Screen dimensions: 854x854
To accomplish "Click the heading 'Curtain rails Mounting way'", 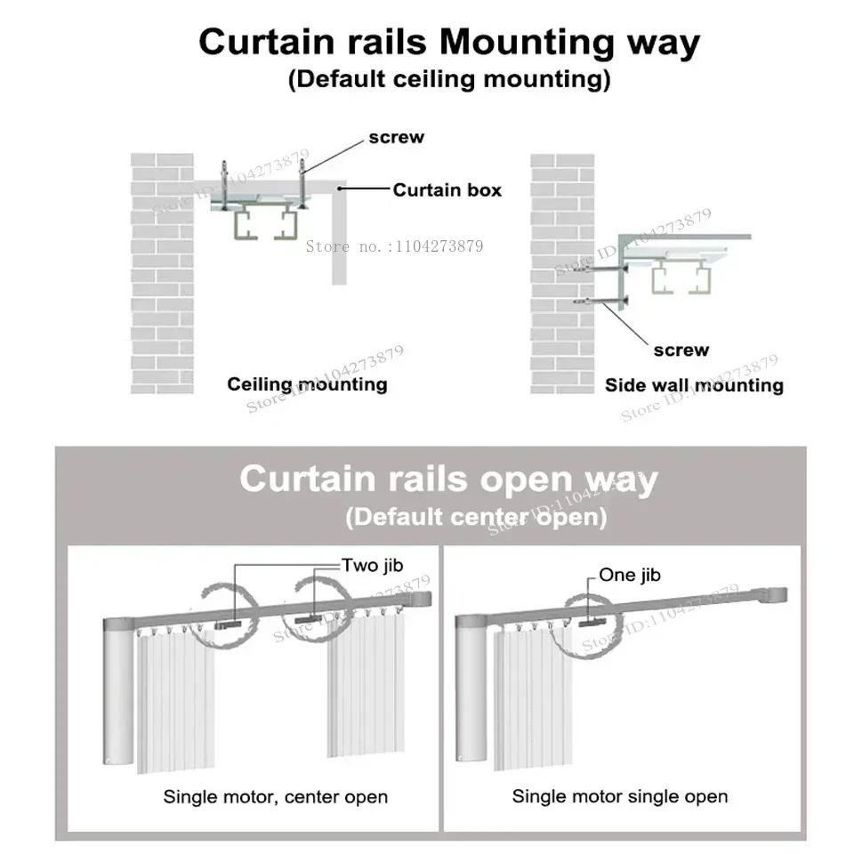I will [449, 42].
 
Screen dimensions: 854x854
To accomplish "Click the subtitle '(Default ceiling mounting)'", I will [449, 79].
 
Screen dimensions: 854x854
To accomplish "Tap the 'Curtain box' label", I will [447, 189].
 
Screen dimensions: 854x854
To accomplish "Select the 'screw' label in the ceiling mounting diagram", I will [397, 138].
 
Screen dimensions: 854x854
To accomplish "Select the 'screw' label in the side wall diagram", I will [681, 350].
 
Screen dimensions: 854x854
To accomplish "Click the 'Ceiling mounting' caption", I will [307, 384].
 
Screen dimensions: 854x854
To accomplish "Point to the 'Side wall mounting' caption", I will [694, 385].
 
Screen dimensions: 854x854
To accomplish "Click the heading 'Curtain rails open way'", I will [448, 479].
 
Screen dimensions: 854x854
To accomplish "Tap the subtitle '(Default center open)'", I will [476, 516].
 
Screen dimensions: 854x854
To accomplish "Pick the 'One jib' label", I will [630, 575].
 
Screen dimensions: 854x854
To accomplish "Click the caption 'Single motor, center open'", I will [275, 796].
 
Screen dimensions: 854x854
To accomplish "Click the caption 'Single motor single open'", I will [620, 796].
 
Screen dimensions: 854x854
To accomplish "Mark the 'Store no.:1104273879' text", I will [394, 246].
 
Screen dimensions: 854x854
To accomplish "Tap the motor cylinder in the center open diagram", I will [118, 694].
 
